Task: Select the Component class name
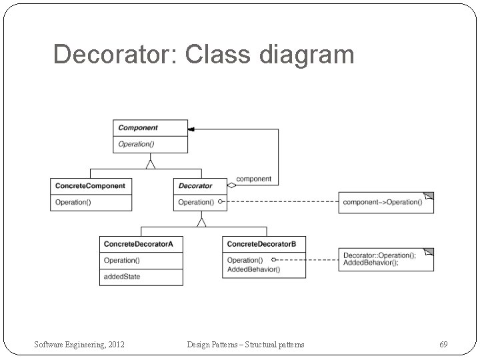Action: click(138, 127)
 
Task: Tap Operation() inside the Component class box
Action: click(137, 144)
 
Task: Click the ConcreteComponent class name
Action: click(90, 185)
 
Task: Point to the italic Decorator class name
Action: click(195, 185)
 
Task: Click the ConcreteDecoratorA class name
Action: click(139, 244)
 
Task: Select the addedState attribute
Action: click(122, 277)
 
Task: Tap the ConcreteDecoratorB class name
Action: click(262, 244)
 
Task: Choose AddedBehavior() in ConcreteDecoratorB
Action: click(253, 269)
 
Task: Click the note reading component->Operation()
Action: click(382, 202)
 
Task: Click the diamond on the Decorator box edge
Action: click(231, 185)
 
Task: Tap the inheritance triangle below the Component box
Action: click(151, 163)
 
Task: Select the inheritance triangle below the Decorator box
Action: click(201, 221)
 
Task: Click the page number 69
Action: click(443, 344)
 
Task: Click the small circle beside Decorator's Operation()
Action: click(220, 201)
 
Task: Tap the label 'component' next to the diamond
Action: click(254, 179)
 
